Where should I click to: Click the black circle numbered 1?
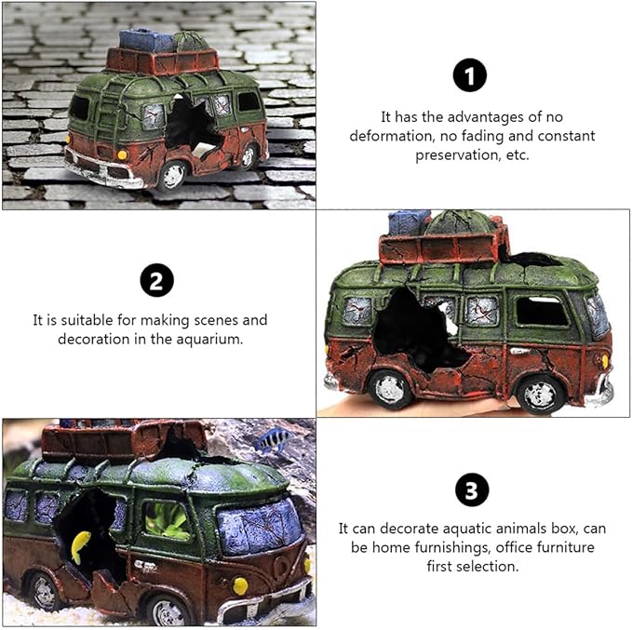pyautogui.click(x=469, y=75)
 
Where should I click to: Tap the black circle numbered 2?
pyautogui.click(x=156, y=280)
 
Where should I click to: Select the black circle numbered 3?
pyautogui.click(x=472, y=489)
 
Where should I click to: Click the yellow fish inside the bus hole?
pyautogui.click(x=80, y=546)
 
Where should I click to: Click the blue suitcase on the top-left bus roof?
pyautogui.click(x=146, y=40)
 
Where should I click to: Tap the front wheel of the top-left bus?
pyautogui.click(x=173, y=176)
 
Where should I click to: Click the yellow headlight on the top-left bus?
pyautogui.click(x=122, y=154)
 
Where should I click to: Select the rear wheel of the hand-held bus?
pyautogui.click(x=390, y=389)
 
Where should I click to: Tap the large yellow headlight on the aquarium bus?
pyautogui.click(x=240, y=586)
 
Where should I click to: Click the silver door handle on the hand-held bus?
pyautogui.click(x=520, y=351)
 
